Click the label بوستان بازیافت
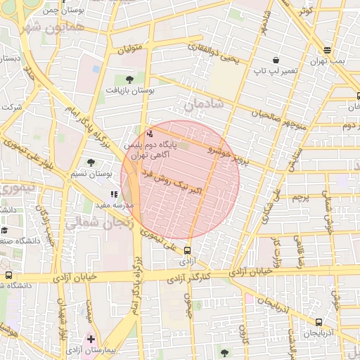tap(129, 91)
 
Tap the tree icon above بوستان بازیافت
tap(129, 79)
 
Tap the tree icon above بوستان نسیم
tap(91, 162)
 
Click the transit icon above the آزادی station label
tap(187, 250)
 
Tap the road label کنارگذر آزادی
tap(190, 277)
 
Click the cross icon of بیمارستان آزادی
tap(91, 339)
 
